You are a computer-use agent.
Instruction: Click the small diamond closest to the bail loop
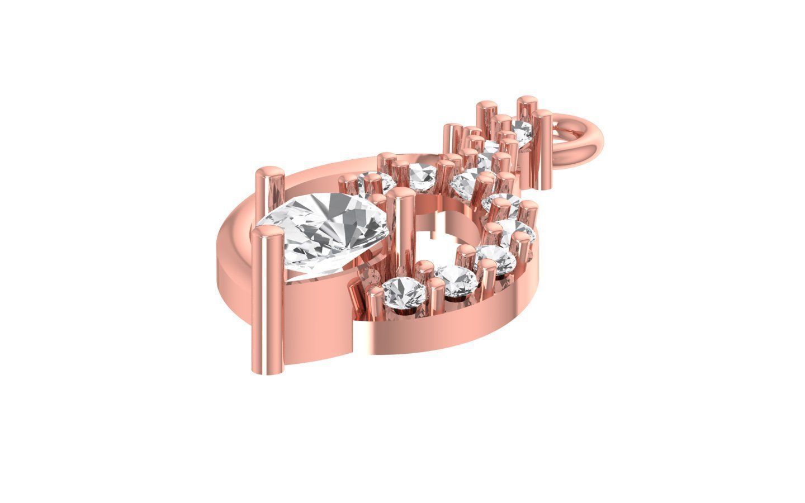522,132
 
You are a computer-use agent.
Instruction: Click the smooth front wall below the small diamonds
425,335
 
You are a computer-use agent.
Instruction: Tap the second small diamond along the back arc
422,176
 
